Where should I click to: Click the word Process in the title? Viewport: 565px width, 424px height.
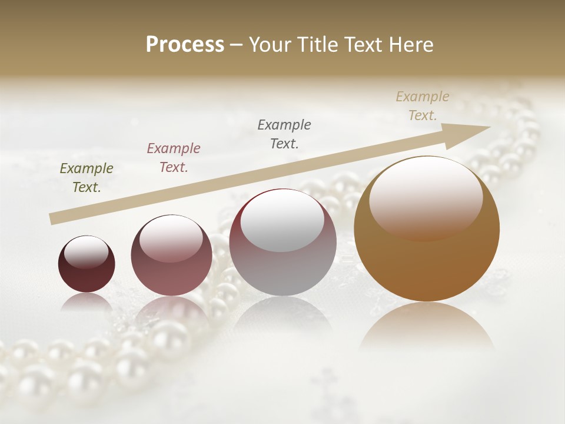point(185,45)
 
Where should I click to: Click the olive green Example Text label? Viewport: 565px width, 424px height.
point(87,177)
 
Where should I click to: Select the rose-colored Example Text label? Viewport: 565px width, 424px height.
point(174,157)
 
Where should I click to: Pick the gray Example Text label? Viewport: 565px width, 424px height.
point(284,134)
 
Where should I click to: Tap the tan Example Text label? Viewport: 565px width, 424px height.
point(423,105)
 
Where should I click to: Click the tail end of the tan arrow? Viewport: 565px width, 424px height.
point(54,219)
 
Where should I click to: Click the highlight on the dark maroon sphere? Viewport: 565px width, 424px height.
point(86,252)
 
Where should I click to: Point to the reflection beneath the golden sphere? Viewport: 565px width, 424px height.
point(427,327)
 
